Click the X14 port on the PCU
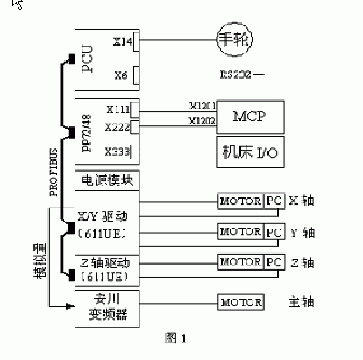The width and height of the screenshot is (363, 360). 122,40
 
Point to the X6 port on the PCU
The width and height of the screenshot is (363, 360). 122,74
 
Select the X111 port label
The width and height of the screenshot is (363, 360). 117,111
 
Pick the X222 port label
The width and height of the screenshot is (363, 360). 117,128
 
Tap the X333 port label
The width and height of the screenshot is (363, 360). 117,151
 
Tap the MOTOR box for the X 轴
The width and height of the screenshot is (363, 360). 240,201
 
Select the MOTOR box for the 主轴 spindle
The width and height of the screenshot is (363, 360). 240,302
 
